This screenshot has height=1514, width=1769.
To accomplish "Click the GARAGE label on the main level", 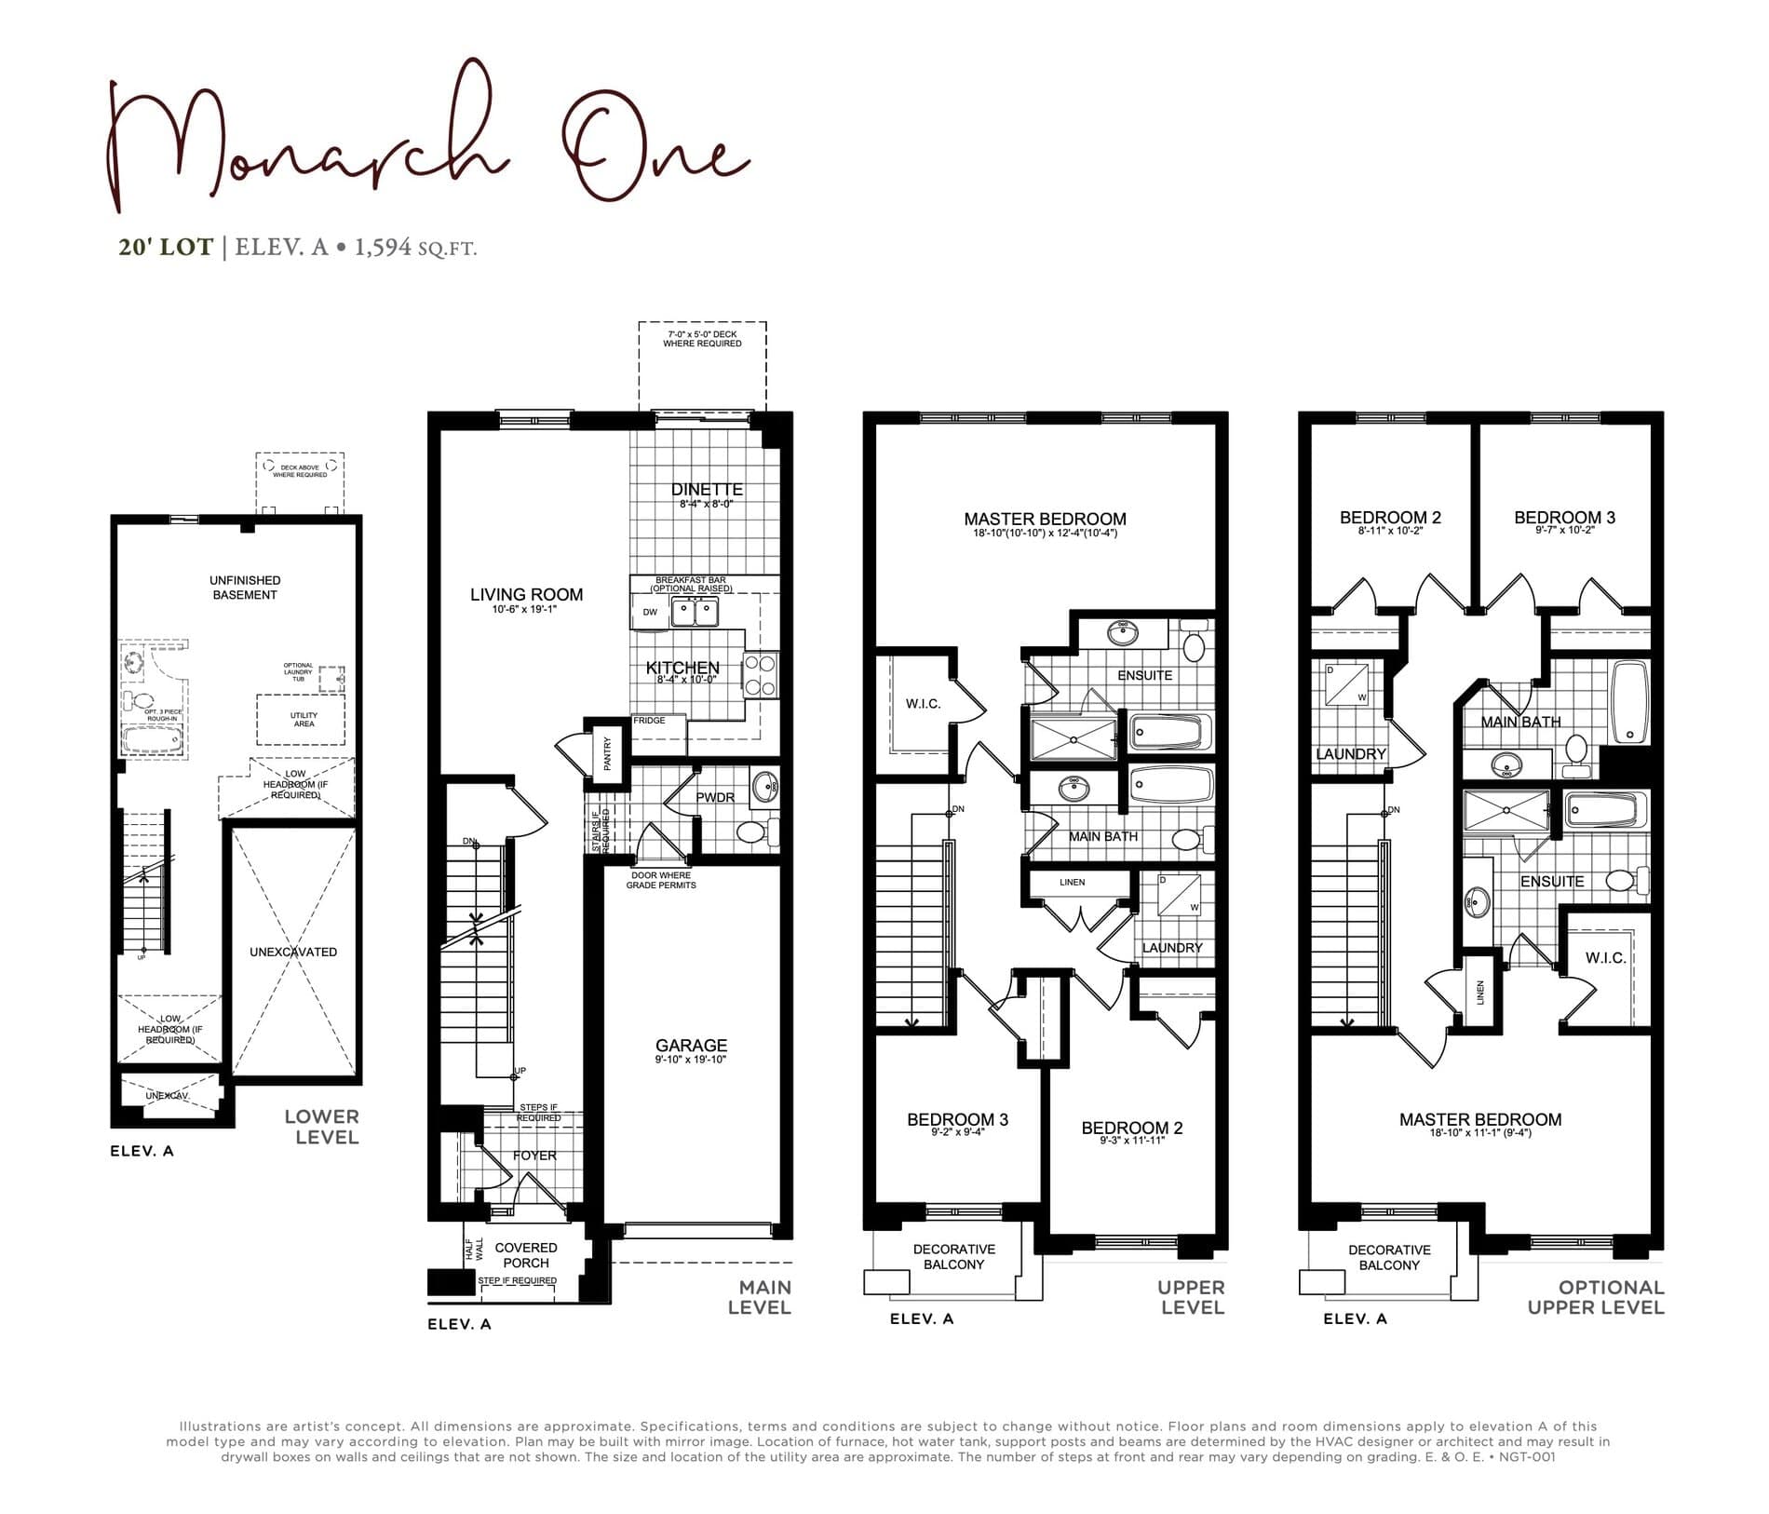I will tap(691, 1046).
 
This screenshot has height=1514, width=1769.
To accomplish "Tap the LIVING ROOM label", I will tap(526, 595).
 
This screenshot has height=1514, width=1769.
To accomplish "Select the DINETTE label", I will tap(707, 490).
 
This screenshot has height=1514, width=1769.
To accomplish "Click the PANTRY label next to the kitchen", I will tap(607, 753).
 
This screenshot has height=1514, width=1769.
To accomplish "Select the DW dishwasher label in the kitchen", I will tap(650, 613).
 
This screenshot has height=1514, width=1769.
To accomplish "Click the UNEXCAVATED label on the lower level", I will tap(293, 952).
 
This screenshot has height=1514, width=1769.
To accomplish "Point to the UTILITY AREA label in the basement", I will tap(304, 720).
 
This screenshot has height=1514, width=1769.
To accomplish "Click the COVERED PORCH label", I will tap(526, 1255).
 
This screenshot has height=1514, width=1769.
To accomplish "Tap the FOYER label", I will tap(534, 1156).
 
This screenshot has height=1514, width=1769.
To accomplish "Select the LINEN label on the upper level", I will tap(1072, 882).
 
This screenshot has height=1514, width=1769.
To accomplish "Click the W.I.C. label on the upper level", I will tap(923, 704).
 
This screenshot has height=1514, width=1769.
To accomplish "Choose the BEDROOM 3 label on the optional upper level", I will tap(1564, 518).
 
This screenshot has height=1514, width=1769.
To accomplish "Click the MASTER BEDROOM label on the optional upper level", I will tap(1479, 1120).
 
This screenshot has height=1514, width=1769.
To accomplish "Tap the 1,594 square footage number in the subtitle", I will tap(383, 248).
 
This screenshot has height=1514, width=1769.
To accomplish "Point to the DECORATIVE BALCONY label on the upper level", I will tap(953, 1257).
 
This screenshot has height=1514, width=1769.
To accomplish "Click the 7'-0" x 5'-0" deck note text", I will tap(702, 339).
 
